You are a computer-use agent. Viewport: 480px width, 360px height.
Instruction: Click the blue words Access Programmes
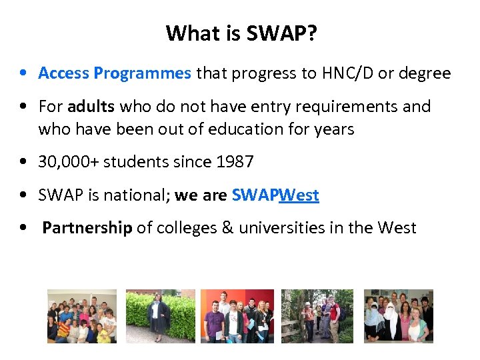click(x=115, y=73)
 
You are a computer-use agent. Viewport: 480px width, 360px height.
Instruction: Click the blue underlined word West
click(x=299, y=195)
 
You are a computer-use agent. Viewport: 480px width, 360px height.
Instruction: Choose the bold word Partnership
click(x=87, y=228)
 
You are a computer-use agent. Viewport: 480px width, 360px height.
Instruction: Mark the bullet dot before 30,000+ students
click(x=23, y=162)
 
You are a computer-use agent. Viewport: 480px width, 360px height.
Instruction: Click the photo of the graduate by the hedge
click(x=160, y=316)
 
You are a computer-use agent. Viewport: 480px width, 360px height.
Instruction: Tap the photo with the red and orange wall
click(x=237, y=316)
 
